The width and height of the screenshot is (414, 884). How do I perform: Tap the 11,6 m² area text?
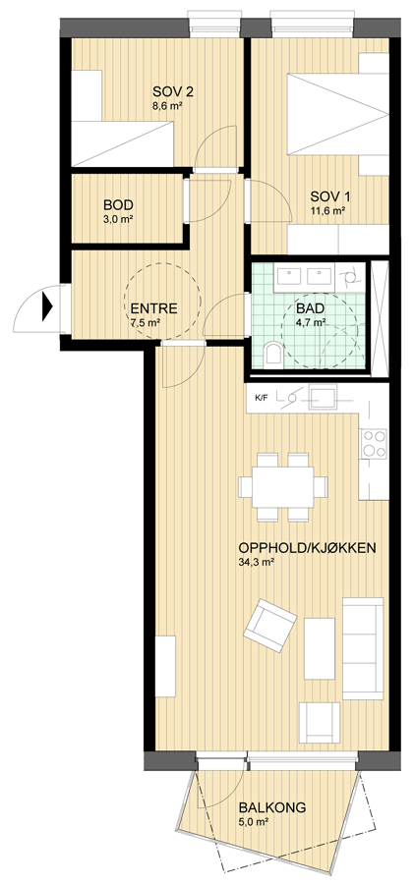click(x=328, y=211)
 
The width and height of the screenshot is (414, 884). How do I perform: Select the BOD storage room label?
click(x=118, y=205)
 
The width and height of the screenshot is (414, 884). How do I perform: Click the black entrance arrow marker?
click(x=47, y=308)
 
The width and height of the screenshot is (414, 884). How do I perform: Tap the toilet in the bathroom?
click(x=274, y=354)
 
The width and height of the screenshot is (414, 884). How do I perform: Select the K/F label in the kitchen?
click(x=261, y=398)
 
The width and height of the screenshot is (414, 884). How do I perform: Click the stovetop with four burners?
click(x=374, y=444)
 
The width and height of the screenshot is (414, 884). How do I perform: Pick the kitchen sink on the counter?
click(x=322, y=398)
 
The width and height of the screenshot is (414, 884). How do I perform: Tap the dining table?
click(x=283, y=487)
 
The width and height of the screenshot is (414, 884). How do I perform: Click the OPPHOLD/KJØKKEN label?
click(x=307, y=548)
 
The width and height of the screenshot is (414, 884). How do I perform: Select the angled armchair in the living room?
click(x=270, y=626)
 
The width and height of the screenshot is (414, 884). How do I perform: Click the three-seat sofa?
click(x=363, y=648)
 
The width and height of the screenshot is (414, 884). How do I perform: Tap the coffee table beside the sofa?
click(x=320, y=648)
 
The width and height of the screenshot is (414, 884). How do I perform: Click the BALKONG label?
click(x=272, y=808)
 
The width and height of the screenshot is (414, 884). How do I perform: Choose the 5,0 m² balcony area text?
click(x=254, y=822)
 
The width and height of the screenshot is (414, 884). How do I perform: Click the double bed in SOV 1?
click(x=338, y=114)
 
